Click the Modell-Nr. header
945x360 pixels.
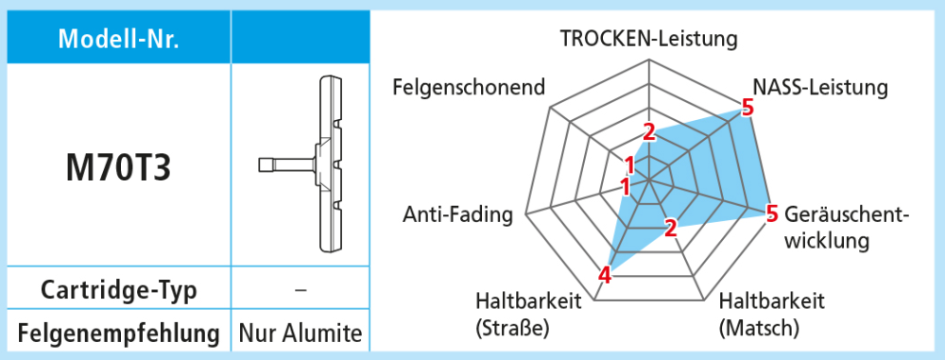[119, 39]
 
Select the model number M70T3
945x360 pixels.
[119, 167]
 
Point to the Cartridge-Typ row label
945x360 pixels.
[119, 289]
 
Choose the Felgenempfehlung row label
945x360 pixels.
[119, 333]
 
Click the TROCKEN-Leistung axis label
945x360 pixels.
[648, 39]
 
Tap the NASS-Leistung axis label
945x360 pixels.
[819, 88]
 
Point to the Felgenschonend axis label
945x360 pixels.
[469, 88]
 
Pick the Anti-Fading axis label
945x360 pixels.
[457, 214]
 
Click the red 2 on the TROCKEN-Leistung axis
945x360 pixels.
[649, 131]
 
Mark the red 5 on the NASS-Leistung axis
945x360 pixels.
[747, 108]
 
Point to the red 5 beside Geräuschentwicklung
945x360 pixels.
[772, 214]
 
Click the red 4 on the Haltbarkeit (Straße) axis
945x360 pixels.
[605, 275]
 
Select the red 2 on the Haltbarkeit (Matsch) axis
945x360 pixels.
[671, 228]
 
